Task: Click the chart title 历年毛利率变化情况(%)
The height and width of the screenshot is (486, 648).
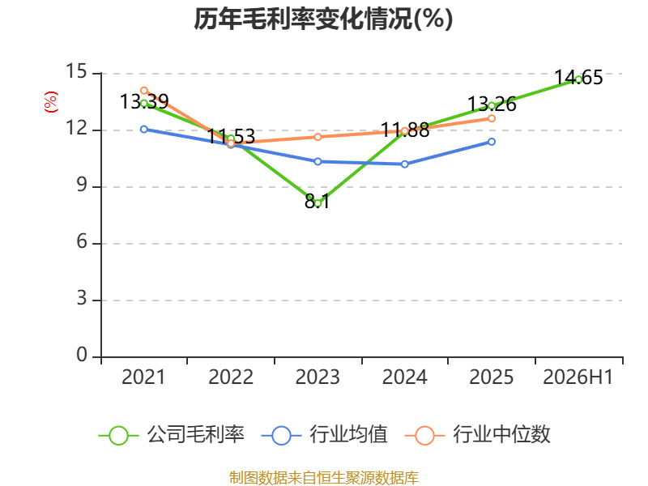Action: [323, 19]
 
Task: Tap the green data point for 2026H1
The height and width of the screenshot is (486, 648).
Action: [578, 79]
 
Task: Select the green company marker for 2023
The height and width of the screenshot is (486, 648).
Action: [318, 203]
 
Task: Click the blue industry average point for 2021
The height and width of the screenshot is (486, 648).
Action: [144, 130]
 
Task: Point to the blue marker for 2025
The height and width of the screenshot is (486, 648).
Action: [492, 142]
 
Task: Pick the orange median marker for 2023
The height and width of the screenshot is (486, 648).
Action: [318, 137]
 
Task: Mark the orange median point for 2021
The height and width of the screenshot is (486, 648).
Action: [144, 91]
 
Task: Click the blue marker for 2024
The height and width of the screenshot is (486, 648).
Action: [404, 164]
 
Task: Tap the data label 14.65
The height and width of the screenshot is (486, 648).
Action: [578, 77]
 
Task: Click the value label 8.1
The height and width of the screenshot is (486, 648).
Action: [318, 202]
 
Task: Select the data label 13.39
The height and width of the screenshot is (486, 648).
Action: [144, 102]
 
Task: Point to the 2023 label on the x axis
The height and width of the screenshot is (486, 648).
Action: [318, 377]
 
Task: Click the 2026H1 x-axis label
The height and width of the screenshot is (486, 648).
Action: [578, 377]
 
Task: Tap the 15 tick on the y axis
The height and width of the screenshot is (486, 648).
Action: [77, 71]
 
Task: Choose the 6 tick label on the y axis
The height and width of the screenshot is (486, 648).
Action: [82, 241]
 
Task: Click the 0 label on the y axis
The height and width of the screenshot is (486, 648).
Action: [82, 355]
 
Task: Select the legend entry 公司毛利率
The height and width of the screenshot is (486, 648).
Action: [172, 435]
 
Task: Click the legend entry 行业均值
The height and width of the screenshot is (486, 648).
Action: [325, 435]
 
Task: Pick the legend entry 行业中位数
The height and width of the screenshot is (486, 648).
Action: [477, 435]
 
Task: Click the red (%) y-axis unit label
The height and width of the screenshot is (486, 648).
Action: [51, 102]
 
